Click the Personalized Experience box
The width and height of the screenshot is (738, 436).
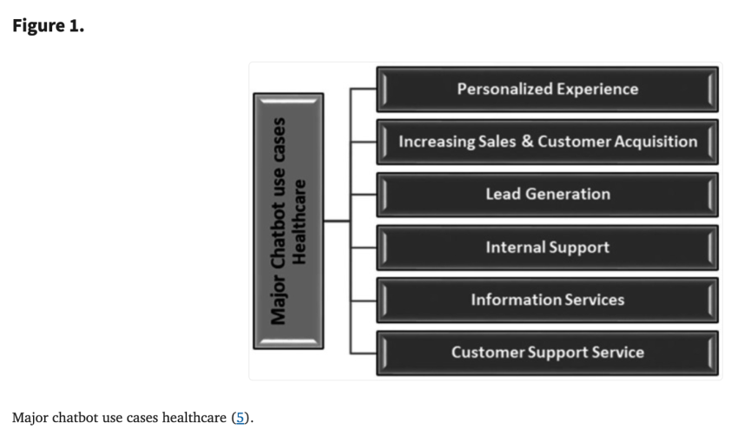point(547,89)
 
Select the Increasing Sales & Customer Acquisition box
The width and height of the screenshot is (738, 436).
point(547,142)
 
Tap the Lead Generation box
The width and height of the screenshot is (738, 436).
point(547,195)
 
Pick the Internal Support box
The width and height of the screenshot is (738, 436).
point(547,248)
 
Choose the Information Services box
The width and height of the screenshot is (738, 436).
point(547,300)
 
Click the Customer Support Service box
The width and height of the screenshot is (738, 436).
point(547,353)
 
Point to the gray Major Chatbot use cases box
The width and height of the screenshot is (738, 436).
point(288,221)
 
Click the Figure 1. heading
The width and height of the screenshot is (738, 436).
point(48,25)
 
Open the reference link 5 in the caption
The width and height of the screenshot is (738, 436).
point(241,419)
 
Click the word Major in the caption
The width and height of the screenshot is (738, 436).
point(31,419)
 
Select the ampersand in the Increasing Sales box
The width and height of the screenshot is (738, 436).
point(526,142)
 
